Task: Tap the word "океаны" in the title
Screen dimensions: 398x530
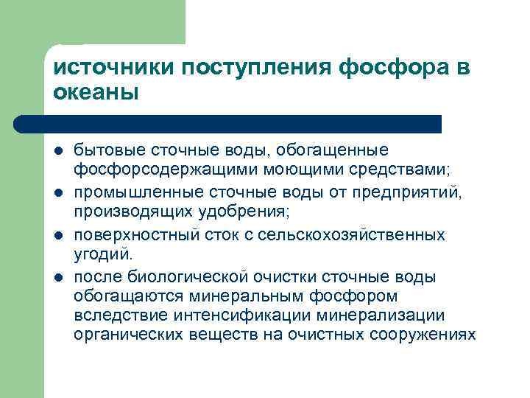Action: pos(96,94)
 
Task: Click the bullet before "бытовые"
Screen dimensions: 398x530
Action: pos(58,151)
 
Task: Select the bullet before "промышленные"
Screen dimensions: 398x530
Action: pos(58,193)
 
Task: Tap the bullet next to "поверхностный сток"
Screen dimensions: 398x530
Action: pos(58,235)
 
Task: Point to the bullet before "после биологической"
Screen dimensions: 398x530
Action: pos(58,277)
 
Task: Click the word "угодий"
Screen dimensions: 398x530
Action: pos(102,255)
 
